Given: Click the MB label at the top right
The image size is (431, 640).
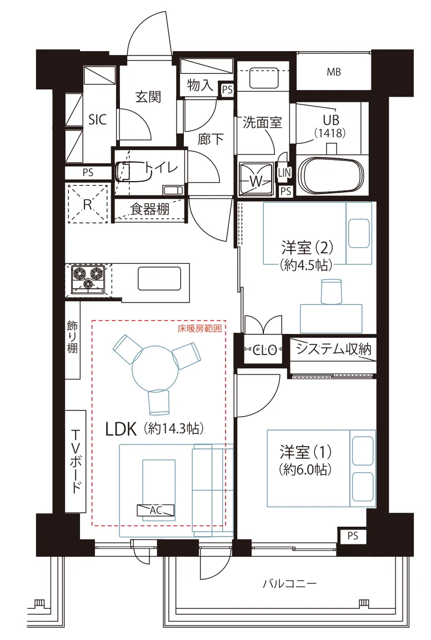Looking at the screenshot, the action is click(333, 72).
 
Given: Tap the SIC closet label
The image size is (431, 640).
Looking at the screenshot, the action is click(98, 119).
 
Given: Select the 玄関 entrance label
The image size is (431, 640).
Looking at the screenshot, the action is click(148, 97).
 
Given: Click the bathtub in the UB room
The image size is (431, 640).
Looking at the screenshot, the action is click(330, 176).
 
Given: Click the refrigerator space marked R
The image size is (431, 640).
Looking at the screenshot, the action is click(88, 204).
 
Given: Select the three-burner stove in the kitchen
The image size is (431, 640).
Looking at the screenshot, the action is click(88, 279).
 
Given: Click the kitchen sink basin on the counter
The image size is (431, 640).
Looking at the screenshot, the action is click(159, 278).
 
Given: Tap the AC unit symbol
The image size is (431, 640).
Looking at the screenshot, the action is click(156, 510).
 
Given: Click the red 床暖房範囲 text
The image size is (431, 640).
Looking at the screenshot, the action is click(199, 328).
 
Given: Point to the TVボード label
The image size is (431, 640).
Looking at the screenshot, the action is click(76, 461).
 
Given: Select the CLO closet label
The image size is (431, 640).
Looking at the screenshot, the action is click(265, 350).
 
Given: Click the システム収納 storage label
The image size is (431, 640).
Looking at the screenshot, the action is click(333, 349).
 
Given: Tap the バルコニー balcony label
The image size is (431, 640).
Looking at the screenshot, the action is click(289, 583).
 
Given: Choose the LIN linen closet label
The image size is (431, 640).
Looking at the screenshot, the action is click(284, 173).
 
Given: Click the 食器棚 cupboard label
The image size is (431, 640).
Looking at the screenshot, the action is click(150, 209).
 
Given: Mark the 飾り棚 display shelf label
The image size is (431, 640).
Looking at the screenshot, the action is click(72, 337).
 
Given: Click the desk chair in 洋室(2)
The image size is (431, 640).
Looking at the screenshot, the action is click(331, 292).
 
